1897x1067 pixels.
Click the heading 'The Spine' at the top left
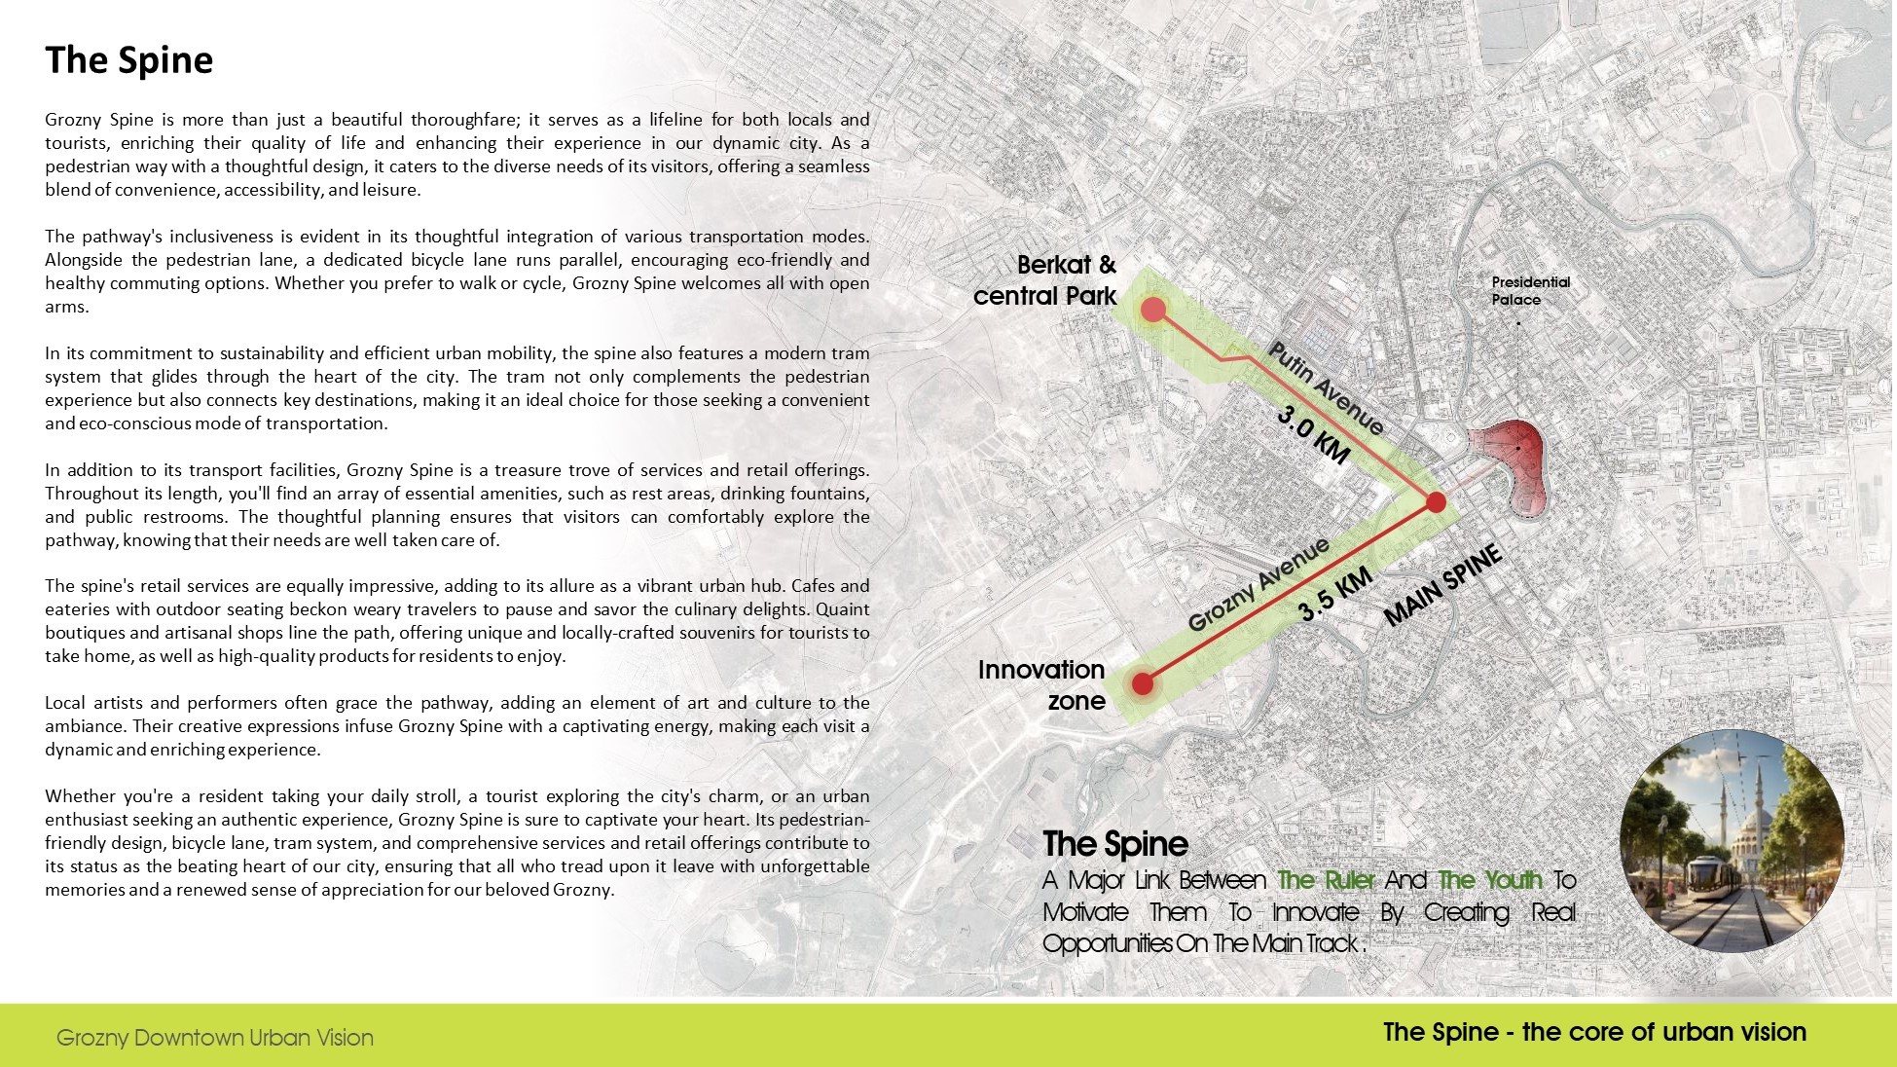click(128, 60)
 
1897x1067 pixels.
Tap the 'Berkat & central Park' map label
click(1045, 280)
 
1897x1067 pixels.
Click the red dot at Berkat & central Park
click(1152, 310)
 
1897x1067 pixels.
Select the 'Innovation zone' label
click(1041, 684)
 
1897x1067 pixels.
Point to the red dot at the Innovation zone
click(1143, 682)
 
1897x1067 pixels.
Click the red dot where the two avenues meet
click(1436, 502)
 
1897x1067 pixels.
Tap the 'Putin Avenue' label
click(1326, 388)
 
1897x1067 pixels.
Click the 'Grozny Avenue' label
click(1258, 585)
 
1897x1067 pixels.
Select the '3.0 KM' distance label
click(1313, 435)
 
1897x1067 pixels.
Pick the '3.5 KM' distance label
click(1335, 594)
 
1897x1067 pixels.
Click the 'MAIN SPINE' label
click(1442, 585)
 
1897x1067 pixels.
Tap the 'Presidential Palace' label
click(1530, 290)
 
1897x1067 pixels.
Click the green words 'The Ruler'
click(1325, 880)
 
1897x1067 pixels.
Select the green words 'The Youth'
click(1489, 880)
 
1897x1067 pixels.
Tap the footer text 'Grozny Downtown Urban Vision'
click(215, 1038)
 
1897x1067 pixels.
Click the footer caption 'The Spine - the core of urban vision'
click(1594, 1032)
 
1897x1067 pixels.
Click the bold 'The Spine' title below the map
click(1114, 844)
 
